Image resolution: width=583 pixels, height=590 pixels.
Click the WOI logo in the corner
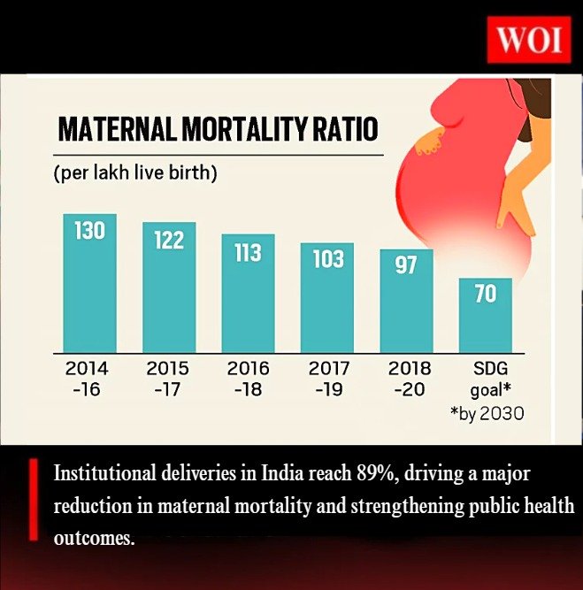[x=527, y=42]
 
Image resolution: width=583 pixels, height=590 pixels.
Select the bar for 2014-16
[x=89, y=283]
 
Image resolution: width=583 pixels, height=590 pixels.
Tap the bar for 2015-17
[x=169, y=287]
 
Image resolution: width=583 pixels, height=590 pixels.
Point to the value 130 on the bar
[x=89, y=232]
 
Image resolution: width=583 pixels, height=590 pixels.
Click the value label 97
[x=406, y=264]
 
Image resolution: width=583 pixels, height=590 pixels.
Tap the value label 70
[x=485, y=294]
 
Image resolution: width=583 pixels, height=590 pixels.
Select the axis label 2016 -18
[x=248, y=377]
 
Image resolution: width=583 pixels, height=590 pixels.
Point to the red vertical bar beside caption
[x=33, y=499]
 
